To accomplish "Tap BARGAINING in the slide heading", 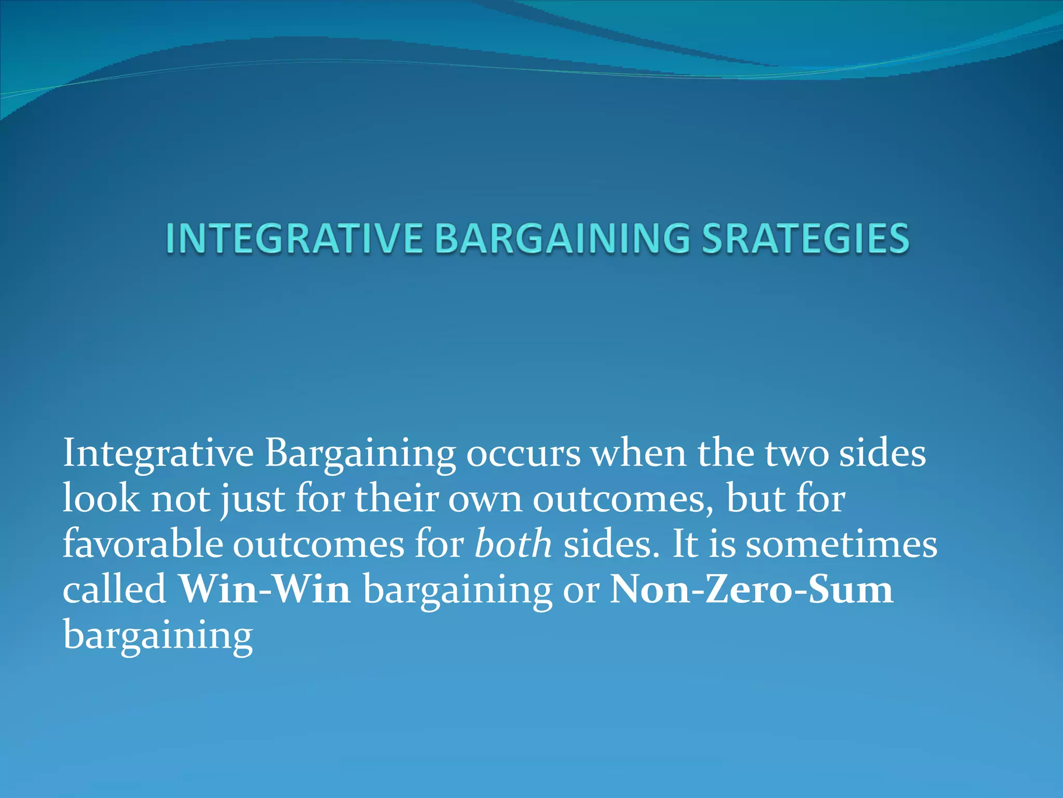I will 562,238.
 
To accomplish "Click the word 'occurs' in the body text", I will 523,453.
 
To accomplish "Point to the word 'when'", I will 639,453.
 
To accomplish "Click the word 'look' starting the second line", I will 101,499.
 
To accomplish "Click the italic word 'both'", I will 513,544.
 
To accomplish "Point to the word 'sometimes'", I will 841,544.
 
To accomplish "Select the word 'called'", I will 114,590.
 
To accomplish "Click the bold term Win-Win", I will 264,590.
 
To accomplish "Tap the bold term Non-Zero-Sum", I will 751,590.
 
